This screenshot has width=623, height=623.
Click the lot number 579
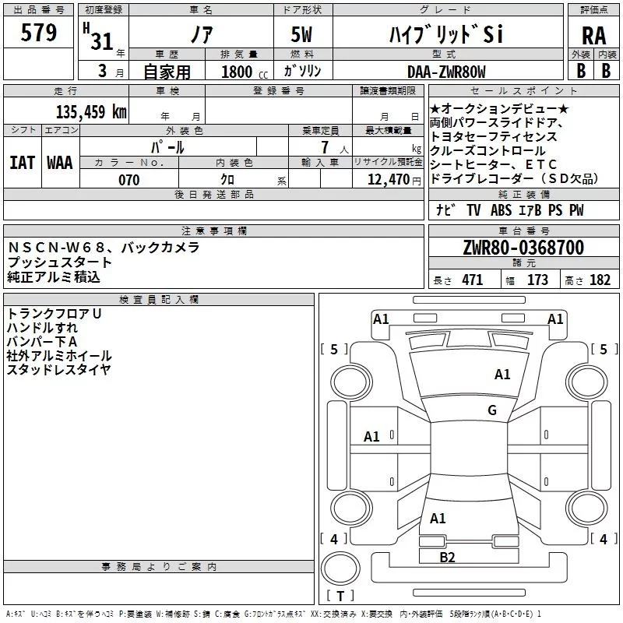pos(38,33)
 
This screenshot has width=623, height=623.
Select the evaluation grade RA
pos(593,36)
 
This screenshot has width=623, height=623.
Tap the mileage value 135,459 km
pos(91,111)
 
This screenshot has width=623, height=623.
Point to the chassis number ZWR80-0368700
pos(523,248)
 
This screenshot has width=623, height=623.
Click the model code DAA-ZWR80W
pos(446,72)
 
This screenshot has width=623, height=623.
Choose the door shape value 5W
pos(301,34)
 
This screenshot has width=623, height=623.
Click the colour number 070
pos(128,180)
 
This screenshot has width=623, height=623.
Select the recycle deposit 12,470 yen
pos(394,180)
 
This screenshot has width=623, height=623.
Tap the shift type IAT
pos(23,163)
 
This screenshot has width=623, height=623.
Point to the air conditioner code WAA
pos(60,163)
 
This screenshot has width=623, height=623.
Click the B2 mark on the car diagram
pos(447,558)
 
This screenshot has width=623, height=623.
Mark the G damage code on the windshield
pos(492,410)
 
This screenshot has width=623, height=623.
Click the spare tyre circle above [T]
pos(340,568)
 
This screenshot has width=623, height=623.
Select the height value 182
pos(600,280)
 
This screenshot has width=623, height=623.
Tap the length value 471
pos(473,280)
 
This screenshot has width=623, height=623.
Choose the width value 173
pos(537,280)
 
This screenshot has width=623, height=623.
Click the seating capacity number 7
pos(326,147)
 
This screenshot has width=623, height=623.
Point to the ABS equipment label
pos(501,210)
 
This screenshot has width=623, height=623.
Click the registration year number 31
pos(102,41)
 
